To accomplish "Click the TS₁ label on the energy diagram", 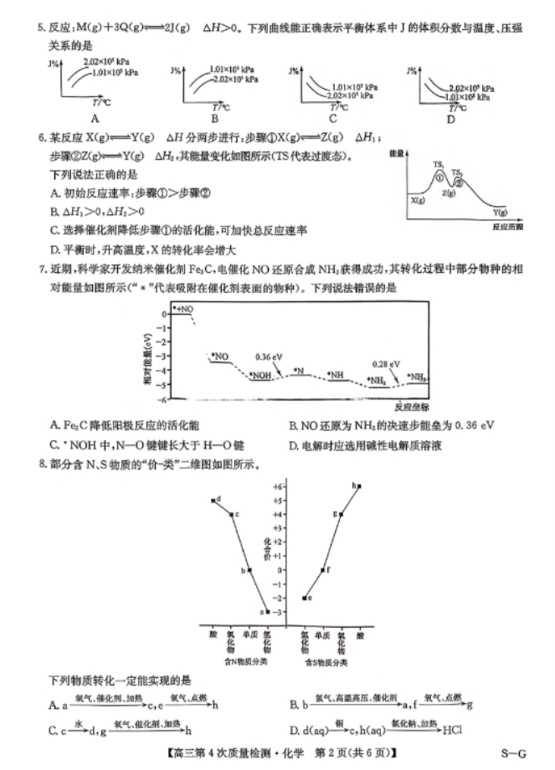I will coord(438,164).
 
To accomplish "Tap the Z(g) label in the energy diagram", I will coord(449,193).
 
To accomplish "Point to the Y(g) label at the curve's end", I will coord(501,213).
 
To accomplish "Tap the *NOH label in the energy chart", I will coord(261,375).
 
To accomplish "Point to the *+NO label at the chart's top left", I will coord(183,310).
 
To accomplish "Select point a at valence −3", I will coord(267,611).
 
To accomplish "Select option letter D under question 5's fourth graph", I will coord(450,118).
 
